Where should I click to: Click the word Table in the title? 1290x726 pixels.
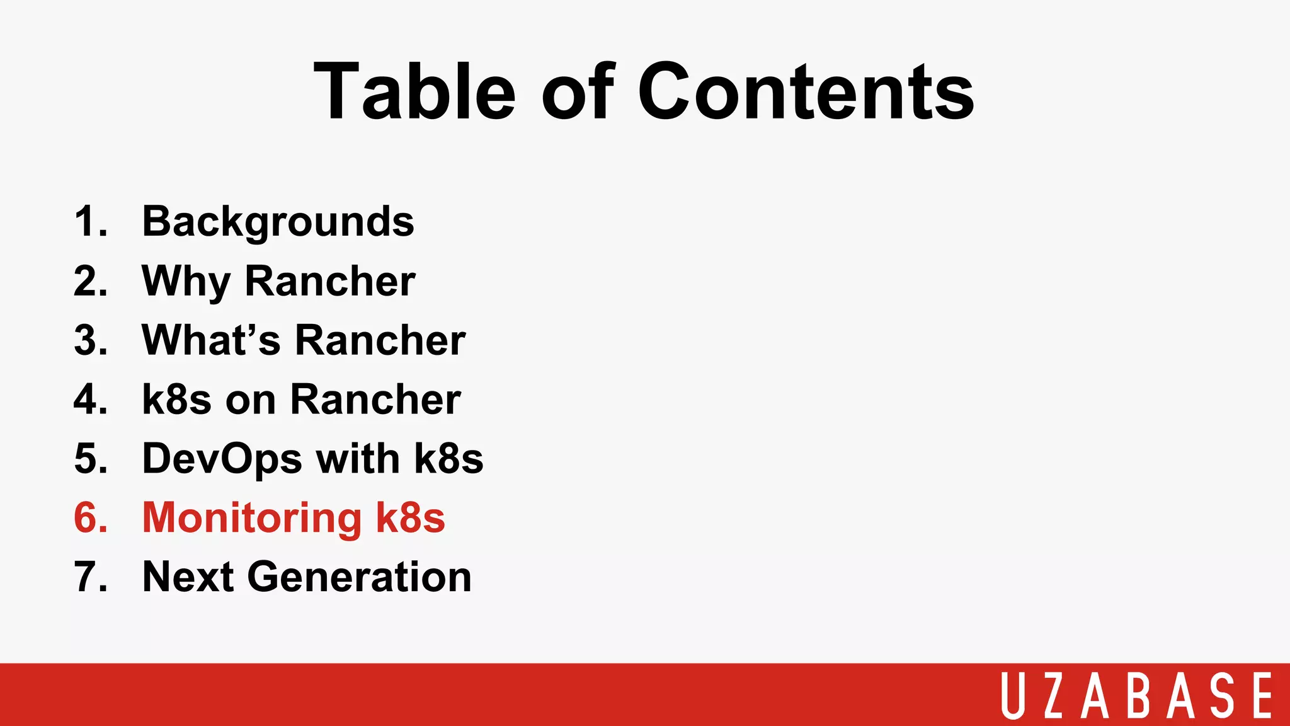[x=414, y=91]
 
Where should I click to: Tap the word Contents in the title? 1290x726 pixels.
[x=806, y=91]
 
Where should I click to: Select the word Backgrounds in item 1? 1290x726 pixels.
[x=278, y=222]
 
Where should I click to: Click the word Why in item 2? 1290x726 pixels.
[x=186, y=282]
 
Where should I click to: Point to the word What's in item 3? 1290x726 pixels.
[x=211, y=340]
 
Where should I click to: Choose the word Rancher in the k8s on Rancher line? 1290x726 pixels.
[x=375, y=400]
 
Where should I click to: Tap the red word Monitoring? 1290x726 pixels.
[x=252, y=518]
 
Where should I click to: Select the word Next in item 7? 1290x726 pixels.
[x=188, y=577]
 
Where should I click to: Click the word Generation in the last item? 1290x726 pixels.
[x=359, y=577]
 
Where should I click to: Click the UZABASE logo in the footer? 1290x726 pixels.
[x=1137, y=695]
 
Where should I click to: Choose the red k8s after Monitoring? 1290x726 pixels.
[x=410, y=518]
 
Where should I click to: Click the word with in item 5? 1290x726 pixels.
[x=358, y=459]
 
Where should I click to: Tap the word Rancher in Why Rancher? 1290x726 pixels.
[x=330, y=282]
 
